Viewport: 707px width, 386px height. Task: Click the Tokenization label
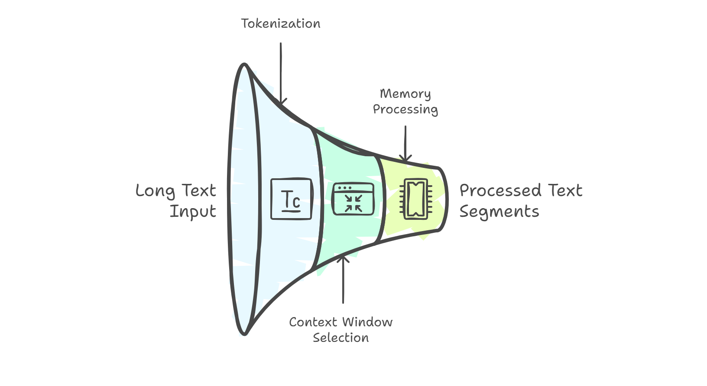[x=281, y=24]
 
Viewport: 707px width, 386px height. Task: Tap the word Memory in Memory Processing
[x=405, y=94]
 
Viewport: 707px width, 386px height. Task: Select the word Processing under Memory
[x=405, y=109]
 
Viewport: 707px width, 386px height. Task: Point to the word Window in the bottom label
[x=367, y=322]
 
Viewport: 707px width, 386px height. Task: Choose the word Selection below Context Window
[x=341, y=338]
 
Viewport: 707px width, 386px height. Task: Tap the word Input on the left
[x=192, y=212]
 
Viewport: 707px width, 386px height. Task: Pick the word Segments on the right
[x=499, y=212]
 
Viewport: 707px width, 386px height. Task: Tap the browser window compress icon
[x=353, y=199]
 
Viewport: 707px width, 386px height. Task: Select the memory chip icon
[x=415, y=199]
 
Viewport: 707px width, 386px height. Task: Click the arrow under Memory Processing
[x=405, y=143]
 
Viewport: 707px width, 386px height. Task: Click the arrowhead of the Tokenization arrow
[x=282, y=102]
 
